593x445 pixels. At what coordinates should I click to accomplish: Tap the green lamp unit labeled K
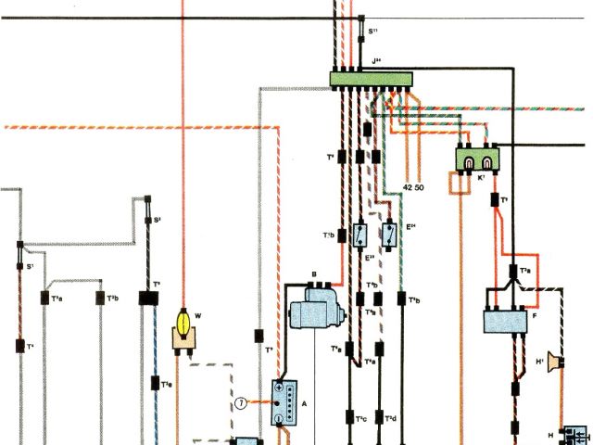[x=478, y=159]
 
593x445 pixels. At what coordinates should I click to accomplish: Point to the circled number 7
[x=241, y=402]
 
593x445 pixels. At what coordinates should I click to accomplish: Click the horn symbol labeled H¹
[x=552, y=360]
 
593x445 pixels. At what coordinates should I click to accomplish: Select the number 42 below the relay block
[x=407, y=189]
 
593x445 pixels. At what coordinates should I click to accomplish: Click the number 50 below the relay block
[x=420, y=189]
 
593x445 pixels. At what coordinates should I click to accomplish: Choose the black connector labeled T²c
[x=349, y=419]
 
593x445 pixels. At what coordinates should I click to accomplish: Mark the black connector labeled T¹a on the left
[x=44, y=299]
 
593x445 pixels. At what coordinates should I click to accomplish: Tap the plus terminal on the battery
[x=278, y=387]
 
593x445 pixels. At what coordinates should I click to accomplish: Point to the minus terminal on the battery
[x=278, y=419]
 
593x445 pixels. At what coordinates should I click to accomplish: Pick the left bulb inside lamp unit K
[x=470, y=163]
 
